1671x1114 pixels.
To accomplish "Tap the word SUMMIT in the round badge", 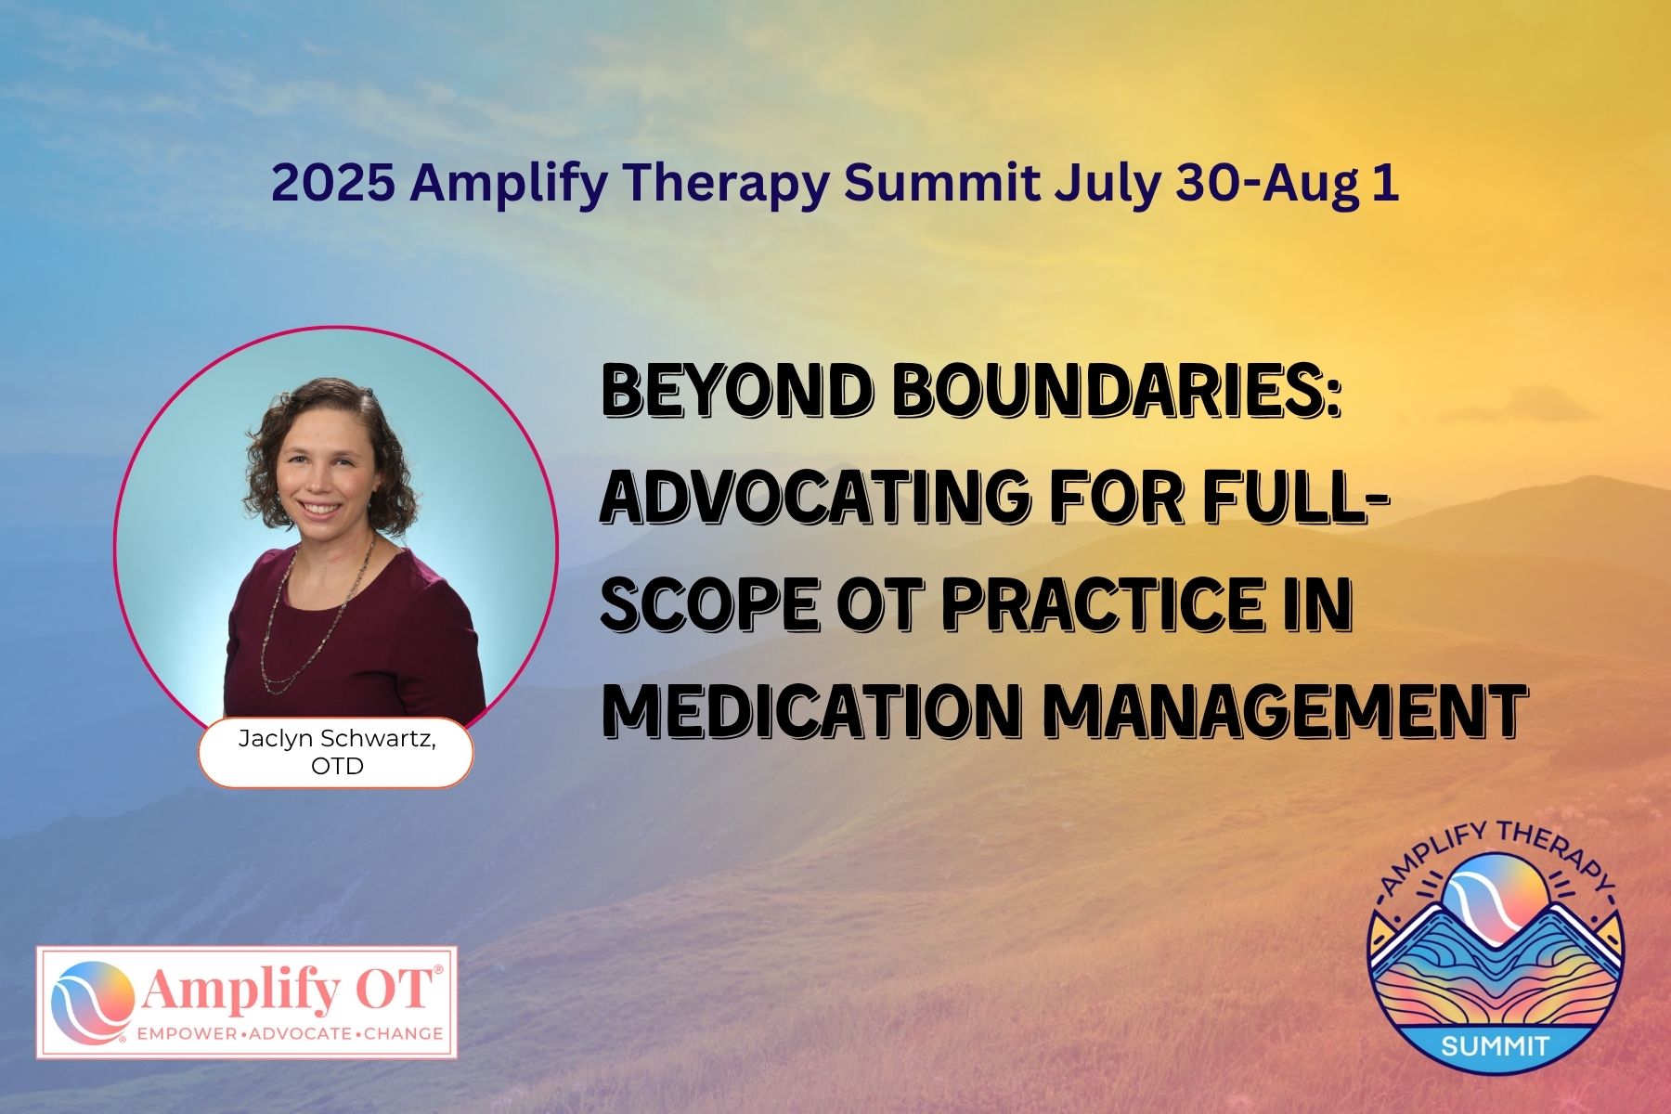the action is pos(1495,1046).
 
